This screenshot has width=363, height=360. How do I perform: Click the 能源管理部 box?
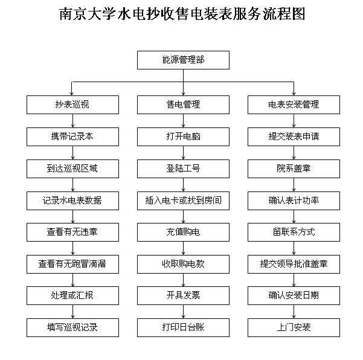183,60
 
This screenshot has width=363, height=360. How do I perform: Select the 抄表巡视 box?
72,104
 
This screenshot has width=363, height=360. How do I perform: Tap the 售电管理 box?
183,104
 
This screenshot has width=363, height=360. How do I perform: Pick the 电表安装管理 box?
294,104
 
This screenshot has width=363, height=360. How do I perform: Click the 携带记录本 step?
72,137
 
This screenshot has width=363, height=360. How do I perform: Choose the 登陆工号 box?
183,169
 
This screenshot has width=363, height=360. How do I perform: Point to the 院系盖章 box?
294,169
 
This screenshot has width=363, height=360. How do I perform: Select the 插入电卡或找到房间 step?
183,201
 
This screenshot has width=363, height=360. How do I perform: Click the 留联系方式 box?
294,232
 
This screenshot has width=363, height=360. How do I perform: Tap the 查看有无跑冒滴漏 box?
72,264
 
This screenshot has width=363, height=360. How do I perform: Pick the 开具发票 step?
183,295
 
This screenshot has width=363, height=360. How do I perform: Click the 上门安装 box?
294,327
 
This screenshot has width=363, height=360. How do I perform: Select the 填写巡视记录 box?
72,327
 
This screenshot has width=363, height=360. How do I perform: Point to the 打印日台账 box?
183,327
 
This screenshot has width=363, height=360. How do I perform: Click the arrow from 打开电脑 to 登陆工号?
184,153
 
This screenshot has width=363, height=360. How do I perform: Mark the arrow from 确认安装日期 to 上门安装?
294,312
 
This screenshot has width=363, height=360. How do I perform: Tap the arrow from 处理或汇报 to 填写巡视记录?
72,312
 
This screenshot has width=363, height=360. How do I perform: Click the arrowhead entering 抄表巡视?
71,94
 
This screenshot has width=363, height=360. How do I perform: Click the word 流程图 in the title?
284,14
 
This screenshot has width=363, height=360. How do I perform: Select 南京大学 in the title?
87,14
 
